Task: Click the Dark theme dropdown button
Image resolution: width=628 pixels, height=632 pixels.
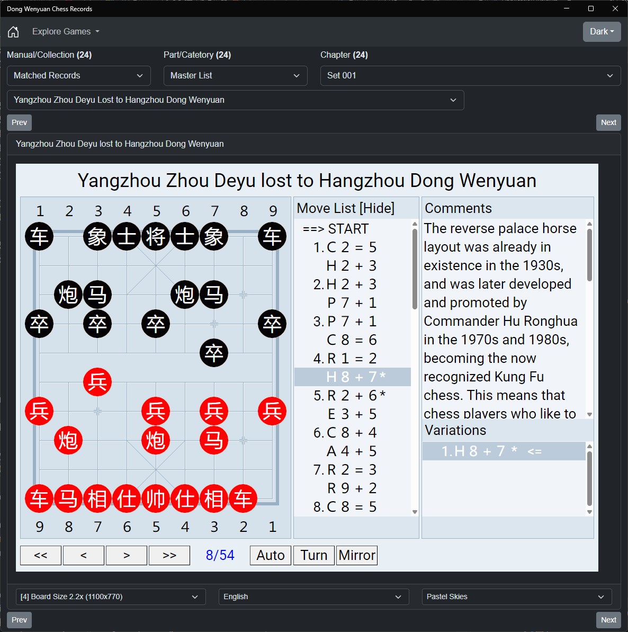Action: click(x=602, y=31)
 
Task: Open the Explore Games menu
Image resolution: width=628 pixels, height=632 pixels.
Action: click(x=66, y=31)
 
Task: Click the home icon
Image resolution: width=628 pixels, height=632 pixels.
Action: click(x=13, y=31)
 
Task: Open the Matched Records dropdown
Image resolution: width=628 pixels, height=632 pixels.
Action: click(x=79, y=76)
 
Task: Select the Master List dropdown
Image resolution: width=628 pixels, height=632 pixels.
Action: click(x=235, y=76)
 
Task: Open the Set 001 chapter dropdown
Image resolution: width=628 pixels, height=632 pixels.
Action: click(x=470, y=76)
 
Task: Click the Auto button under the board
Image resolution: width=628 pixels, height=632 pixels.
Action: click(x=270, y=555)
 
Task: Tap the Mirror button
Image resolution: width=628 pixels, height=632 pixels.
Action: click(x=356, y=555)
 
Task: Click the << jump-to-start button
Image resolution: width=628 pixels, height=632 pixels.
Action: click(x=41, y=555)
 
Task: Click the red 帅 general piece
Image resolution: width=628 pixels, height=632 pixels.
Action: click(x=156, y=498)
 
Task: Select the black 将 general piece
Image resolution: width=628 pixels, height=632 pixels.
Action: click(x=156, y=236)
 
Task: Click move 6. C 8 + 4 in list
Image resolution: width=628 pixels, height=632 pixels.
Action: click(x=345, y=432)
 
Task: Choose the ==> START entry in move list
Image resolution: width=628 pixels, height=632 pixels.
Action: click(x=336, y=228)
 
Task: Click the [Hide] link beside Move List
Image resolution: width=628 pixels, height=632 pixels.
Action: click(x=377, y=208)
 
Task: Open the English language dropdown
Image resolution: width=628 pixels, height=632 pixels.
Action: click(x=314, y=597)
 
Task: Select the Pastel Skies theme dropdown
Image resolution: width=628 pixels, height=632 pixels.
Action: click(x=517, y=597)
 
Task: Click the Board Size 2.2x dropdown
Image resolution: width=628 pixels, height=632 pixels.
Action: click(x=111, y=597)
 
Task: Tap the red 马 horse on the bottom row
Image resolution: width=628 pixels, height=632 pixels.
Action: click(x=68, y=498)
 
